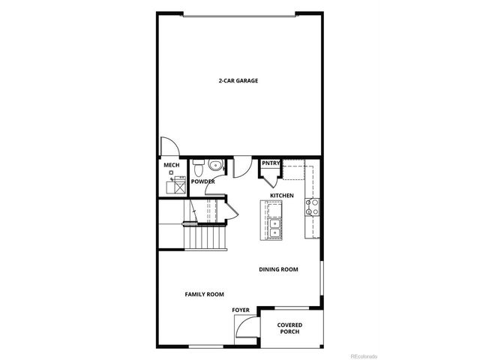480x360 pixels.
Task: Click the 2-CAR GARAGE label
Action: [238, 80]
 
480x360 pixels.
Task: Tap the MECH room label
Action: [170, 165]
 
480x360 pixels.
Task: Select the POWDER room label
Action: [202, 181]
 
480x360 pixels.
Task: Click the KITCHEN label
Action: [282, 196]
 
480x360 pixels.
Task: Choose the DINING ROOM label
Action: [278, 269]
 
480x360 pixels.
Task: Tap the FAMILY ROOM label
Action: [204, 294]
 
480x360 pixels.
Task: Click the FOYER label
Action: [240, 310]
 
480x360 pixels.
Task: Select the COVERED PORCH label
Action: [289, 329]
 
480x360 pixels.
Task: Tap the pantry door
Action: [268, 178]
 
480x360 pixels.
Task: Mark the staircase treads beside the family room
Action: [205, 239]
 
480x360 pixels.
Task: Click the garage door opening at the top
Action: [238, 13]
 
